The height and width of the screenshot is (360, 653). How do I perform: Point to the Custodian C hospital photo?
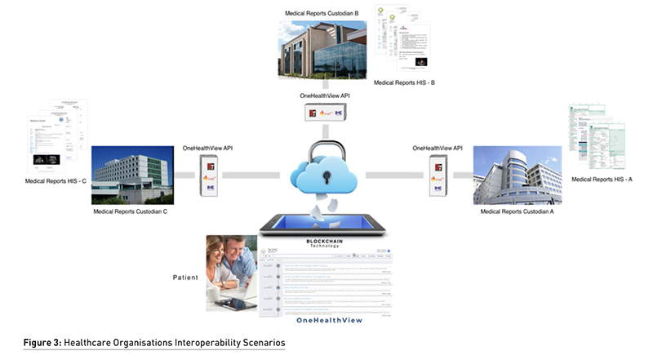132,174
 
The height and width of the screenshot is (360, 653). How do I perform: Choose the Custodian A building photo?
518,174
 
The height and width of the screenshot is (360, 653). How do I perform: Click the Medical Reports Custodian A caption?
518,211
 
